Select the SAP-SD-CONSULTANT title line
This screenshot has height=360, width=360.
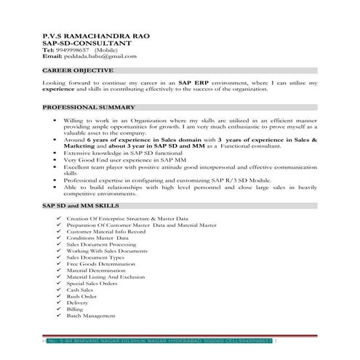point(74,43)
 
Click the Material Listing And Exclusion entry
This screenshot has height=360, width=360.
point(105,277)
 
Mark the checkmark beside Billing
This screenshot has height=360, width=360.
point(57,310)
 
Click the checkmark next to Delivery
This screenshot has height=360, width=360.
point(57,303)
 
